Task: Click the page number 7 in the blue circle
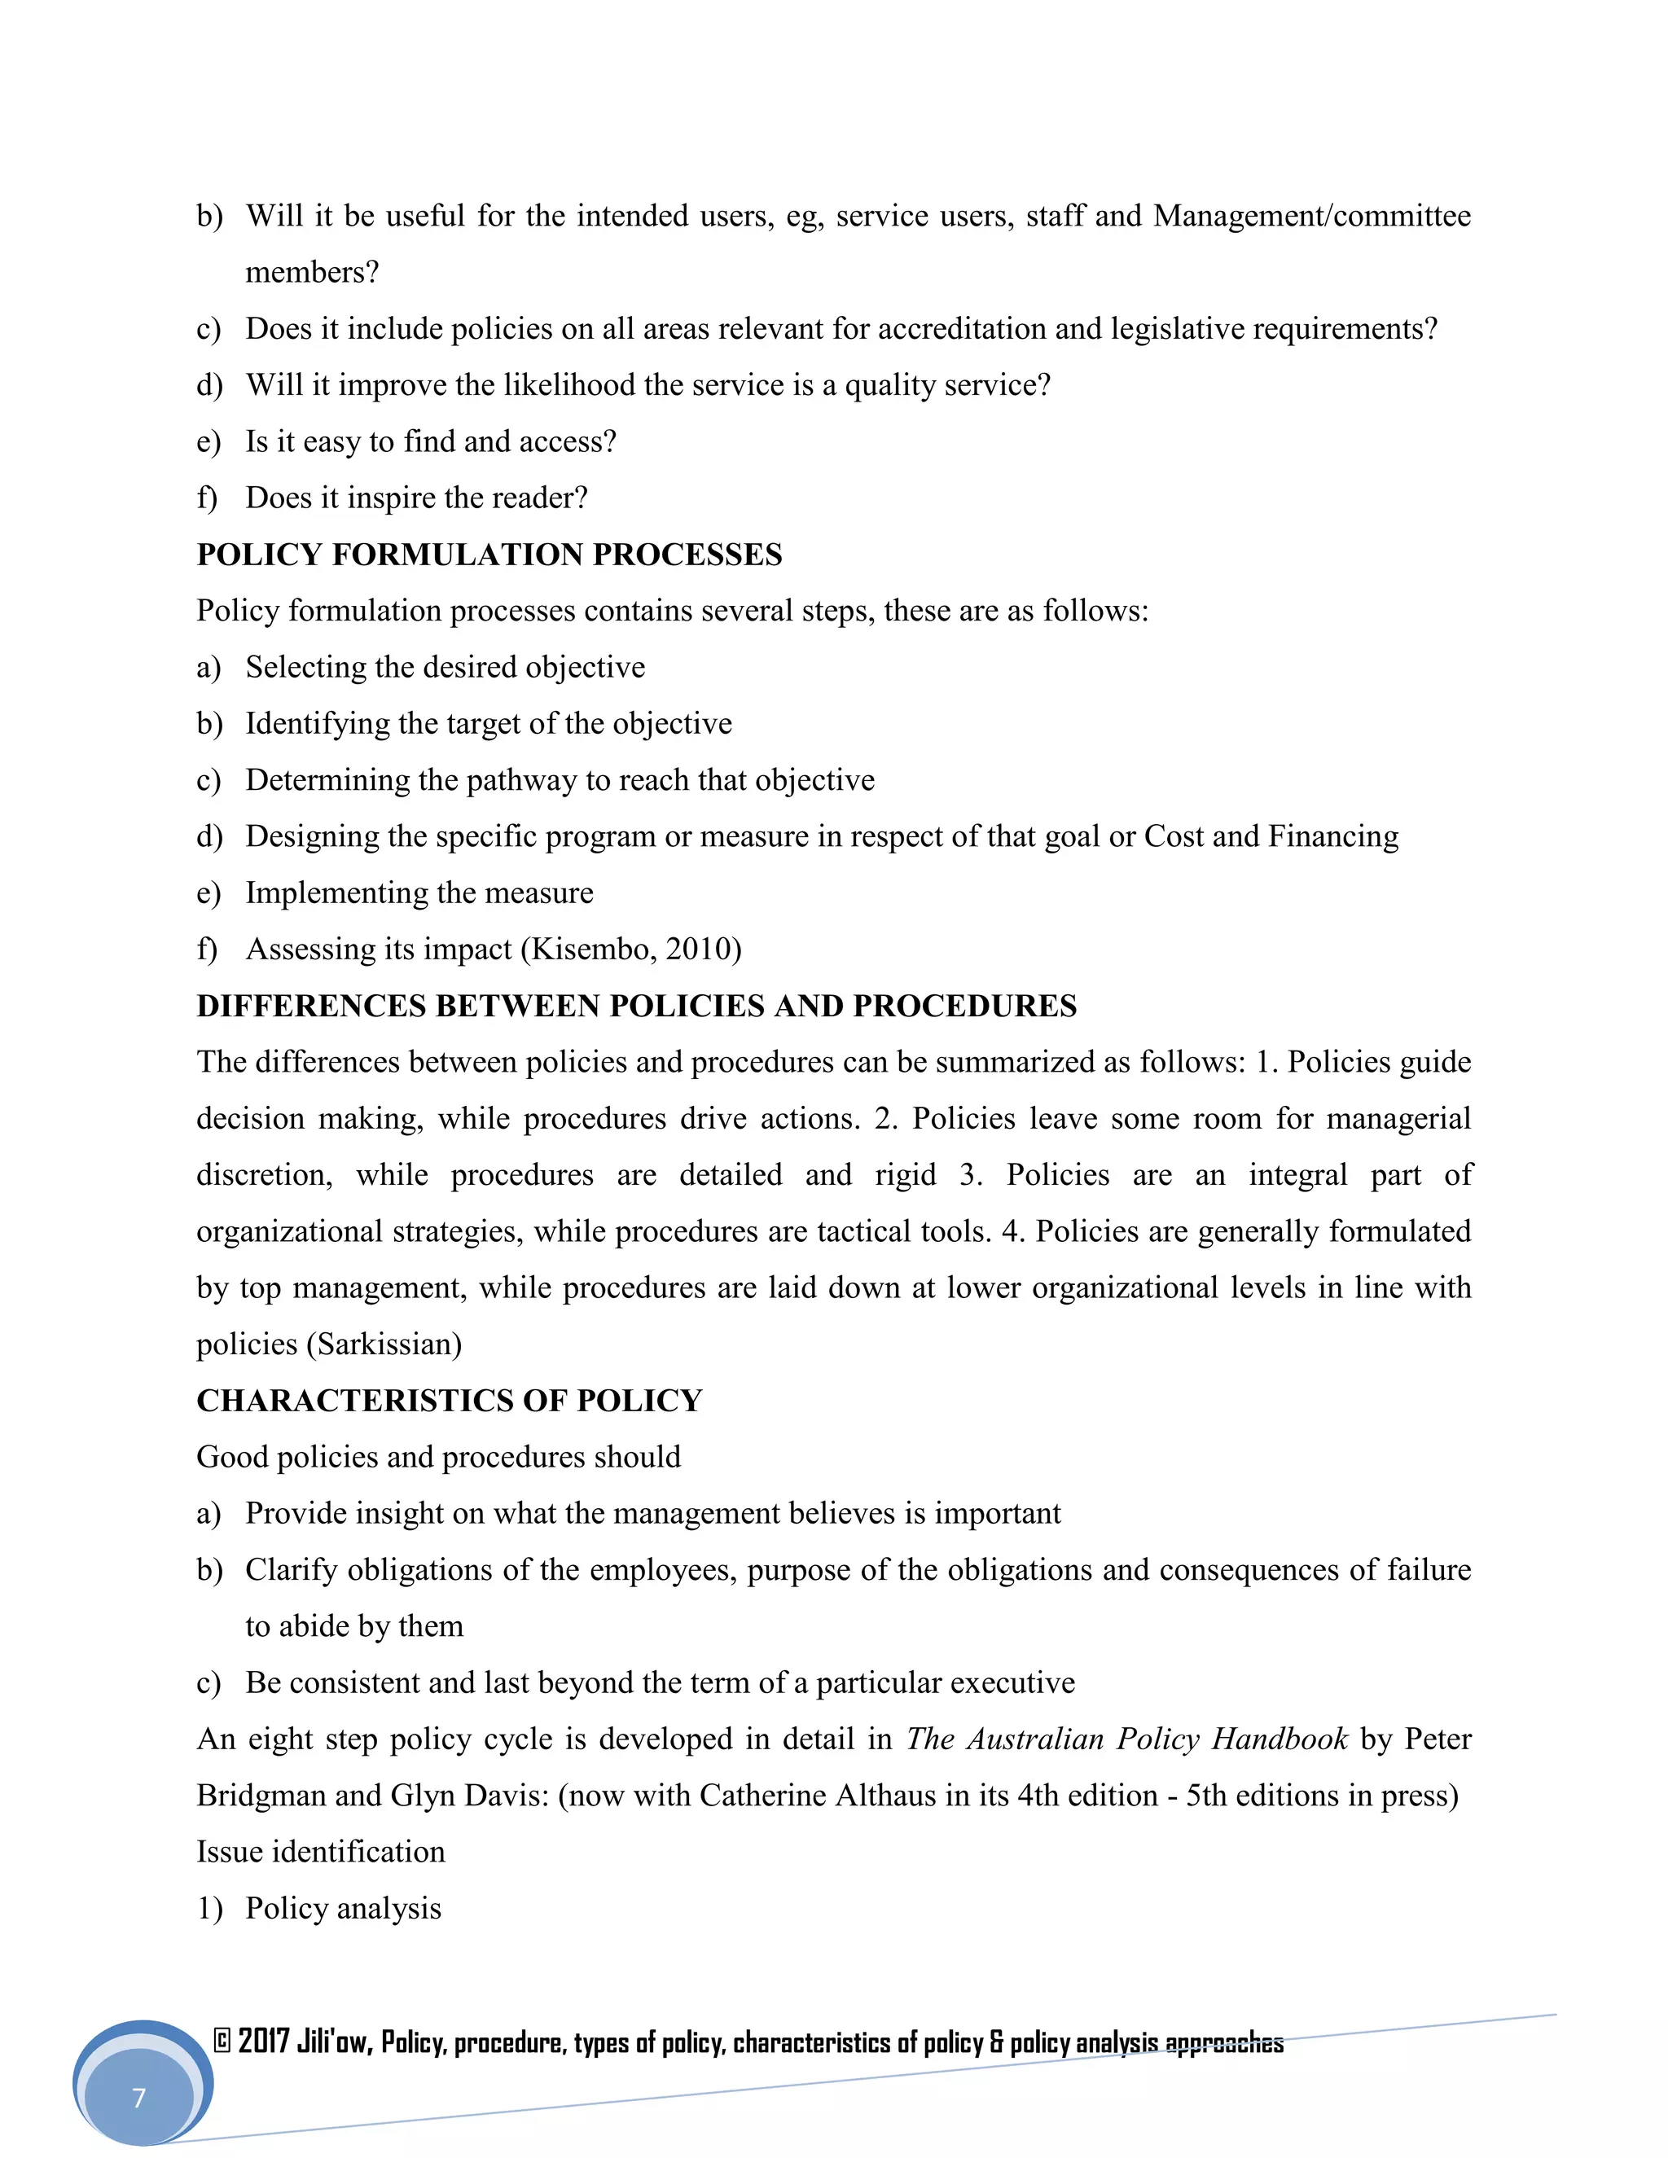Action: point(139,2097)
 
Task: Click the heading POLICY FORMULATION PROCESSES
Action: point(489,555)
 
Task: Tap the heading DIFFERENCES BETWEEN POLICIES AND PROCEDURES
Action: point(636,1006)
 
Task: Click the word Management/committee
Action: point(1311,216)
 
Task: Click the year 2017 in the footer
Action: point(264,2042)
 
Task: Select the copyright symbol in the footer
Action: point(222,2042)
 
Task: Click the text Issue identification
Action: point(320,1852)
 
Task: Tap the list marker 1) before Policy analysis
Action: point(209,1908)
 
